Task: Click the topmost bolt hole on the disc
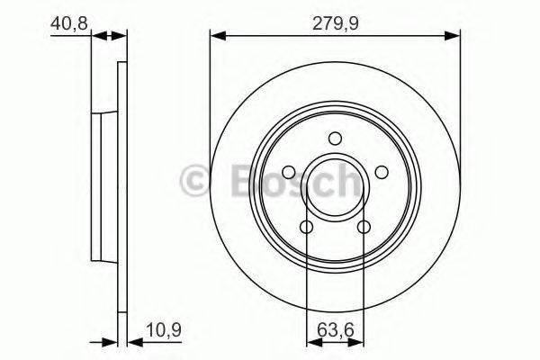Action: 335,139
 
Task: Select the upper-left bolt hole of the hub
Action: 288,173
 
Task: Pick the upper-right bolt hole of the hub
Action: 382,173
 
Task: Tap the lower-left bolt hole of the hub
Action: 306,228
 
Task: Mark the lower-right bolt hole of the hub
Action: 364,228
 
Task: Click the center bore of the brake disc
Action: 335,187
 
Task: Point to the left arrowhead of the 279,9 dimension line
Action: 216,36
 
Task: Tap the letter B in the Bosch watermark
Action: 236,180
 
